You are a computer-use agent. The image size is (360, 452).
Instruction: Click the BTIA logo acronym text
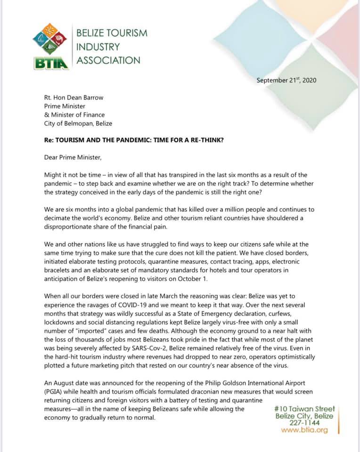(x=51, y=62)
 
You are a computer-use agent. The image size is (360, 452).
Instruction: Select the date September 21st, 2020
(x=286, y=80)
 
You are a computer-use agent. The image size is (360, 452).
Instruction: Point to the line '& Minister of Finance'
(x=74, y=114)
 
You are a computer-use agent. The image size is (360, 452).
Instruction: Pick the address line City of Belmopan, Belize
(x=78, y=123)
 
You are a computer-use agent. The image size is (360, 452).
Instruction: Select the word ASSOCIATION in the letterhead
(x=108, y=60)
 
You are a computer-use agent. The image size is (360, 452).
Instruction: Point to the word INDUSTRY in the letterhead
(x=98, y=47)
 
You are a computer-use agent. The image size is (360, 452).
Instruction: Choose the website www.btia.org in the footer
(x=304, y=430)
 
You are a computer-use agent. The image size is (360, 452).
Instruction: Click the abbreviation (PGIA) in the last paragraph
(x=55, y=392)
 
